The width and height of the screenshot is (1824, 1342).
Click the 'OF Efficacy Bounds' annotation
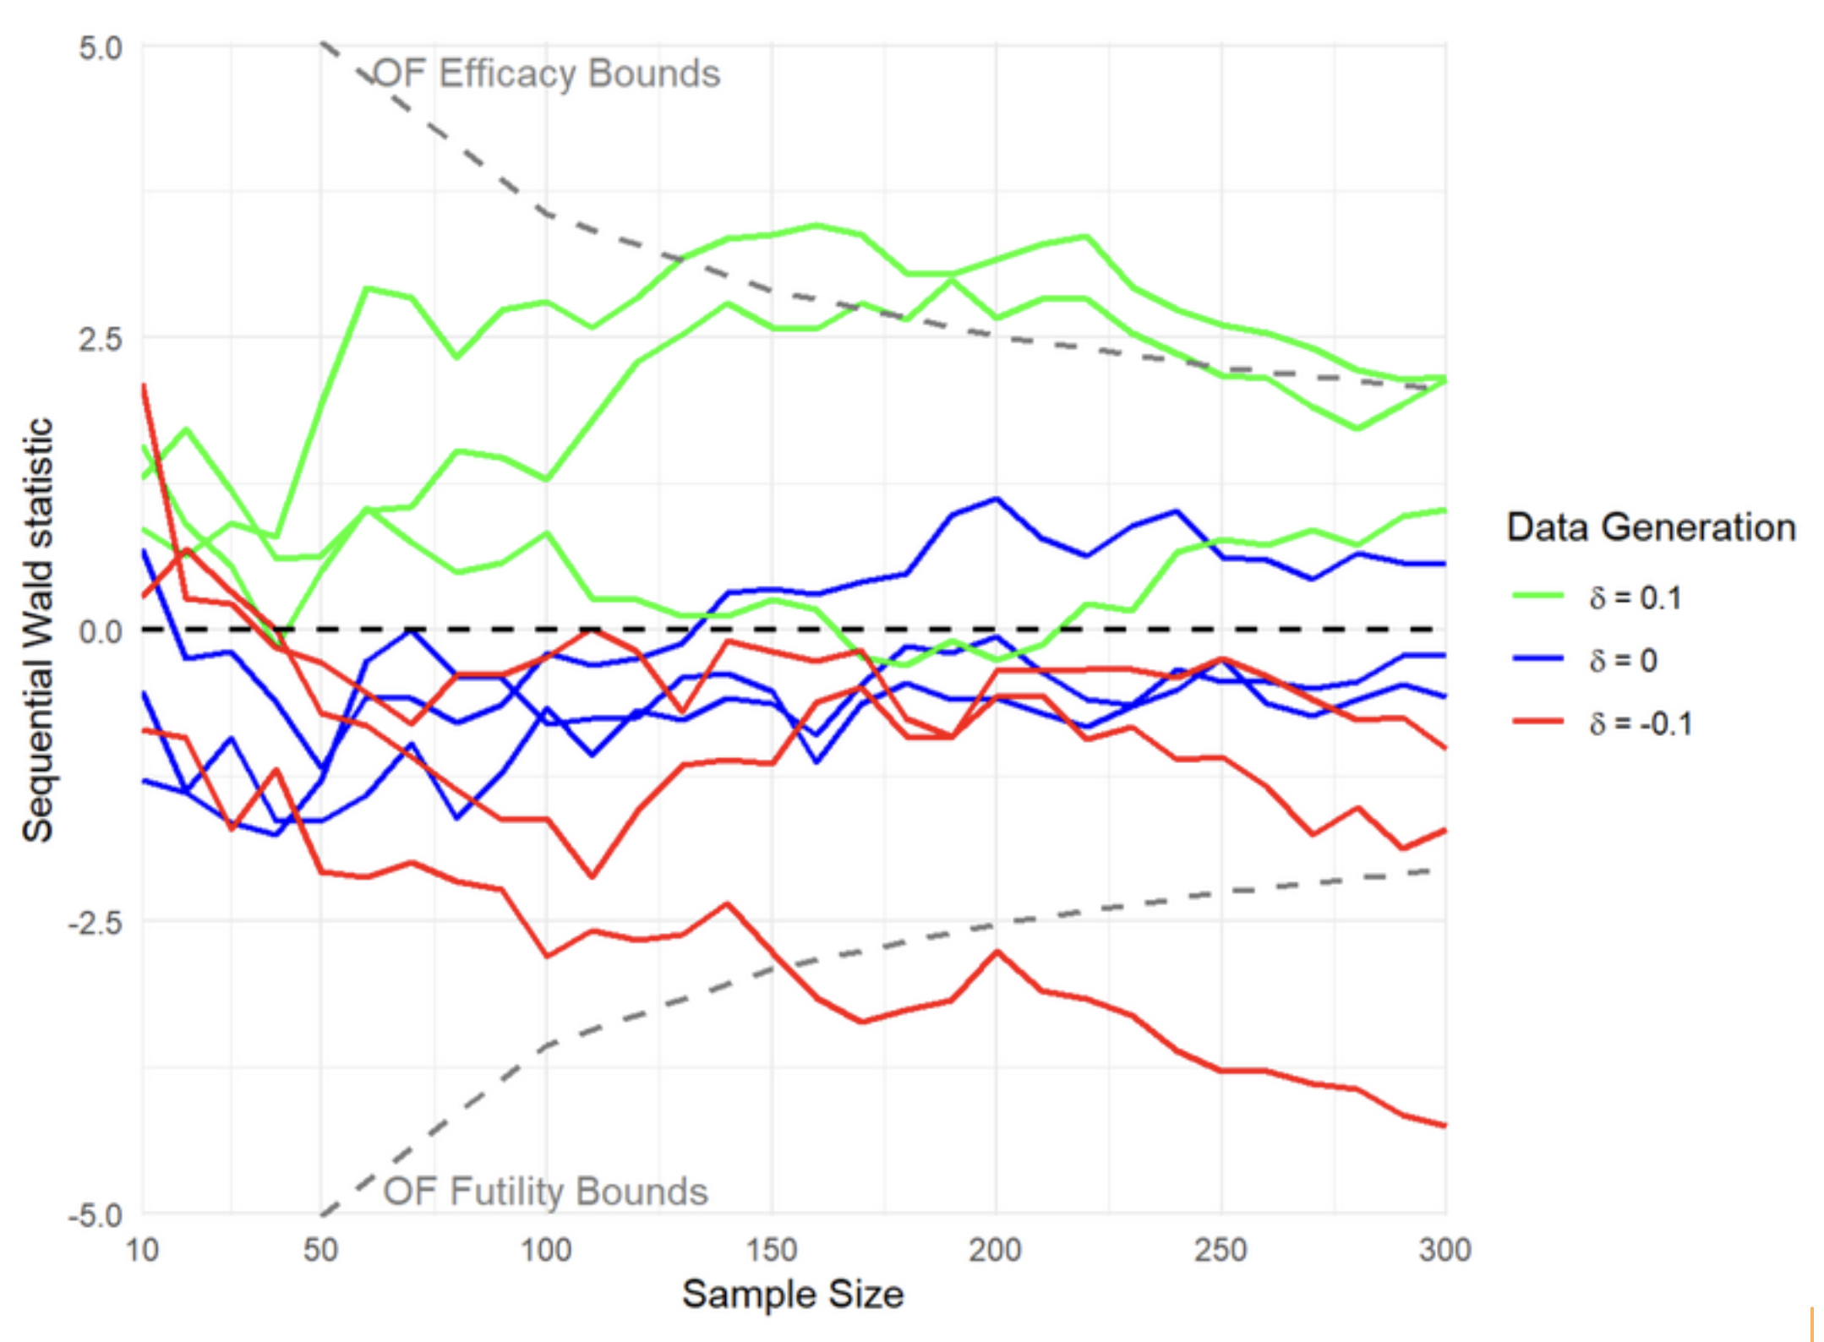(547, 74)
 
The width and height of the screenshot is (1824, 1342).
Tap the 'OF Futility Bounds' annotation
(545, 1192)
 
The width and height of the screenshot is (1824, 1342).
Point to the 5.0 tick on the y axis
(101, 48)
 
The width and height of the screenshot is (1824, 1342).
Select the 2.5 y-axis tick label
(101, 340)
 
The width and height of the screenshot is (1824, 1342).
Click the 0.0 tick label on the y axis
(101, 631)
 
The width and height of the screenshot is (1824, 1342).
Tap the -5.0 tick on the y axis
(96, 1215)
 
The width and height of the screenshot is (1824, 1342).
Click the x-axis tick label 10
(142, 1250)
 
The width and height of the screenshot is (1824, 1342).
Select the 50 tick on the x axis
(321, 1250)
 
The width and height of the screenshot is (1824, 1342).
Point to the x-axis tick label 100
(546, 1250)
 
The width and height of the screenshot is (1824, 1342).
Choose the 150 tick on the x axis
(771, 1250)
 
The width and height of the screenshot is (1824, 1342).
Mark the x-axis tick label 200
(996, 1250)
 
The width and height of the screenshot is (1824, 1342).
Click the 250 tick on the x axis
(1221, 1250)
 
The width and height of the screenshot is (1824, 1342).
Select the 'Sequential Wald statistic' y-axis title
(38, 630)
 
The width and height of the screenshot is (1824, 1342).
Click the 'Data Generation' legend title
(1651, 527)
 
